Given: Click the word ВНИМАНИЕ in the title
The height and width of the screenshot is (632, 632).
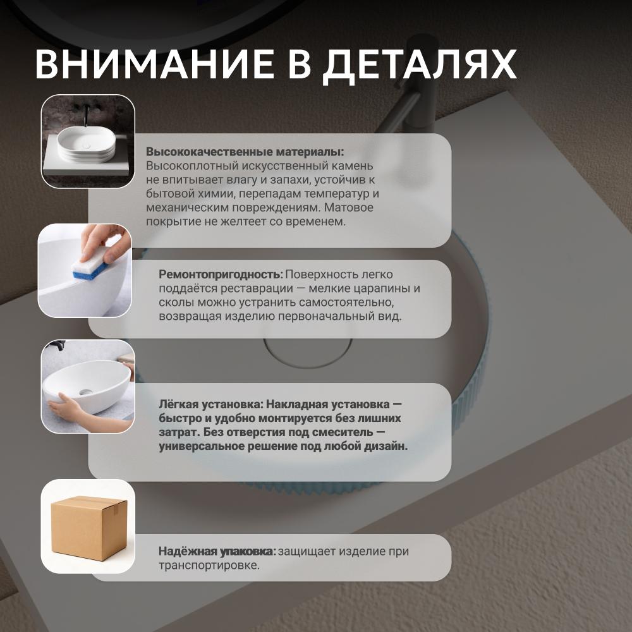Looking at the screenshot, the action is [x=154, y=64].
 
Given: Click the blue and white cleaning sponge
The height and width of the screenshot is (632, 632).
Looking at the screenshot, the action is [x=90, y=264].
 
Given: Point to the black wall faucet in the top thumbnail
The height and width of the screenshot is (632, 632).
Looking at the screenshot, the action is [x=86, y=114].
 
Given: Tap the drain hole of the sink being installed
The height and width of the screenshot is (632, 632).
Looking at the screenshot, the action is [x=86, y=392].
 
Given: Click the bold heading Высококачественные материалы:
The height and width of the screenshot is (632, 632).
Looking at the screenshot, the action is [x=245, y=152].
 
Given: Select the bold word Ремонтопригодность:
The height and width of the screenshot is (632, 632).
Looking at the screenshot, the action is [x=221, y=274].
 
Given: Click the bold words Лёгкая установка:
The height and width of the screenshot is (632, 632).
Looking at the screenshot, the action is [x=211, y=404].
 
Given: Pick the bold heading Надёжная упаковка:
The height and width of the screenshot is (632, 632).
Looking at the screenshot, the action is [x=217, y=551].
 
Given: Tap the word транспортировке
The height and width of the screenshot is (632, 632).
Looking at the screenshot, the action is [x=209, y=566].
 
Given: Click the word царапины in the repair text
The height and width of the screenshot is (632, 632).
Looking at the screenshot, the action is [x=382, y=289].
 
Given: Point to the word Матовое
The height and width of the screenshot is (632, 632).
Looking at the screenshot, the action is [x=349, y=207].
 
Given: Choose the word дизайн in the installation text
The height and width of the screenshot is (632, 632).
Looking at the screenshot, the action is [x=386, y=447].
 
